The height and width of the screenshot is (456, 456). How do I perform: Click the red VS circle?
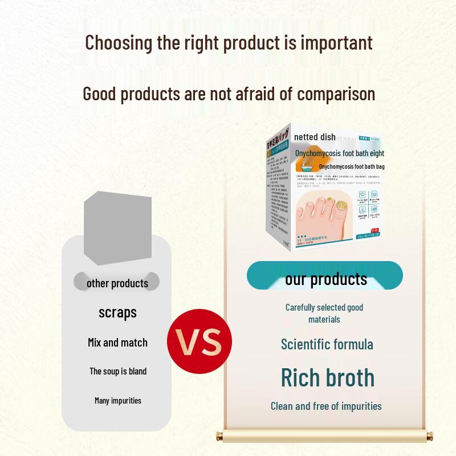click(x=199, y=341)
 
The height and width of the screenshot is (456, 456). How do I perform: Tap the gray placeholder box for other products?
click(x=118, y=228)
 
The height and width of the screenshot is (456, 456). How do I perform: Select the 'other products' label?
click(x=117, y=283)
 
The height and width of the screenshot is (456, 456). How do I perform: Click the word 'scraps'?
click(x=117, y=312)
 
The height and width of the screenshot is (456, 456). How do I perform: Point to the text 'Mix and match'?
click(x=117, y=343)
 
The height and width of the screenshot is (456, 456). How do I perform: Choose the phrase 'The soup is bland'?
click(x=117, y=371)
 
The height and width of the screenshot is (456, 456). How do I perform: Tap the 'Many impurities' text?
click(x=117, y=401)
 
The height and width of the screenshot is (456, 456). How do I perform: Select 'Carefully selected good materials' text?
click(x=324, y=313)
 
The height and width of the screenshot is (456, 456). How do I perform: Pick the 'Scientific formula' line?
click(x=327, y=344)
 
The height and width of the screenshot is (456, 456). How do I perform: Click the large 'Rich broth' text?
click(x=328, y=377)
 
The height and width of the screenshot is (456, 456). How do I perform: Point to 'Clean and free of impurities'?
click(x=326, y=406)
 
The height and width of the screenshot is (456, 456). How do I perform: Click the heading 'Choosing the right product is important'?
click(x=229, y=43)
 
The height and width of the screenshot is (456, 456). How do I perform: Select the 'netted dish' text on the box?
click(x=315, y=137)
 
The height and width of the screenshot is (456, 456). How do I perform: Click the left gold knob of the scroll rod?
click(x=219, y=437)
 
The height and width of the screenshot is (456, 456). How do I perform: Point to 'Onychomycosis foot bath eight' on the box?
click(x=340, y=153)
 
